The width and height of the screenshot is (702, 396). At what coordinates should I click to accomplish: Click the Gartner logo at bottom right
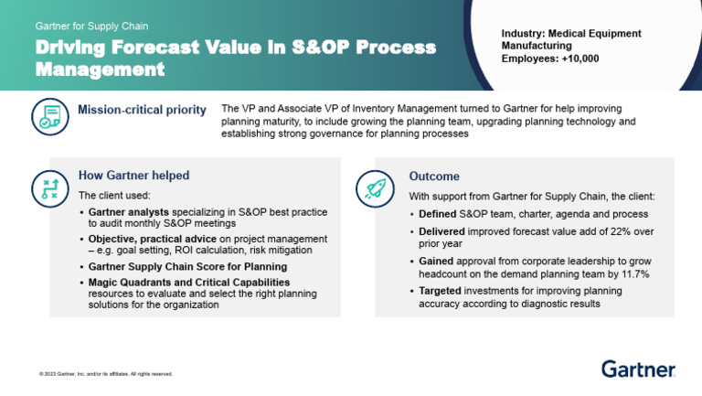point(638,369)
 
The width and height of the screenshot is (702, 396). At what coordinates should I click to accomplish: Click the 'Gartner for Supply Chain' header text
point(91,27)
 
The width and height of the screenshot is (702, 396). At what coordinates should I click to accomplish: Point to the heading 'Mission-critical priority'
point(142,111)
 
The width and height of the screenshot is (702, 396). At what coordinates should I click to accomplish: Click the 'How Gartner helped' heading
point(133,176)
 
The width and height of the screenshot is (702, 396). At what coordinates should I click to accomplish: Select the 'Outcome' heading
point(434,177)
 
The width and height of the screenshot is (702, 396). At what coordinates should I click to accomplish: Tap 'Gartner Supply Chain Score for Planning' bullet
point(187,266)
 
